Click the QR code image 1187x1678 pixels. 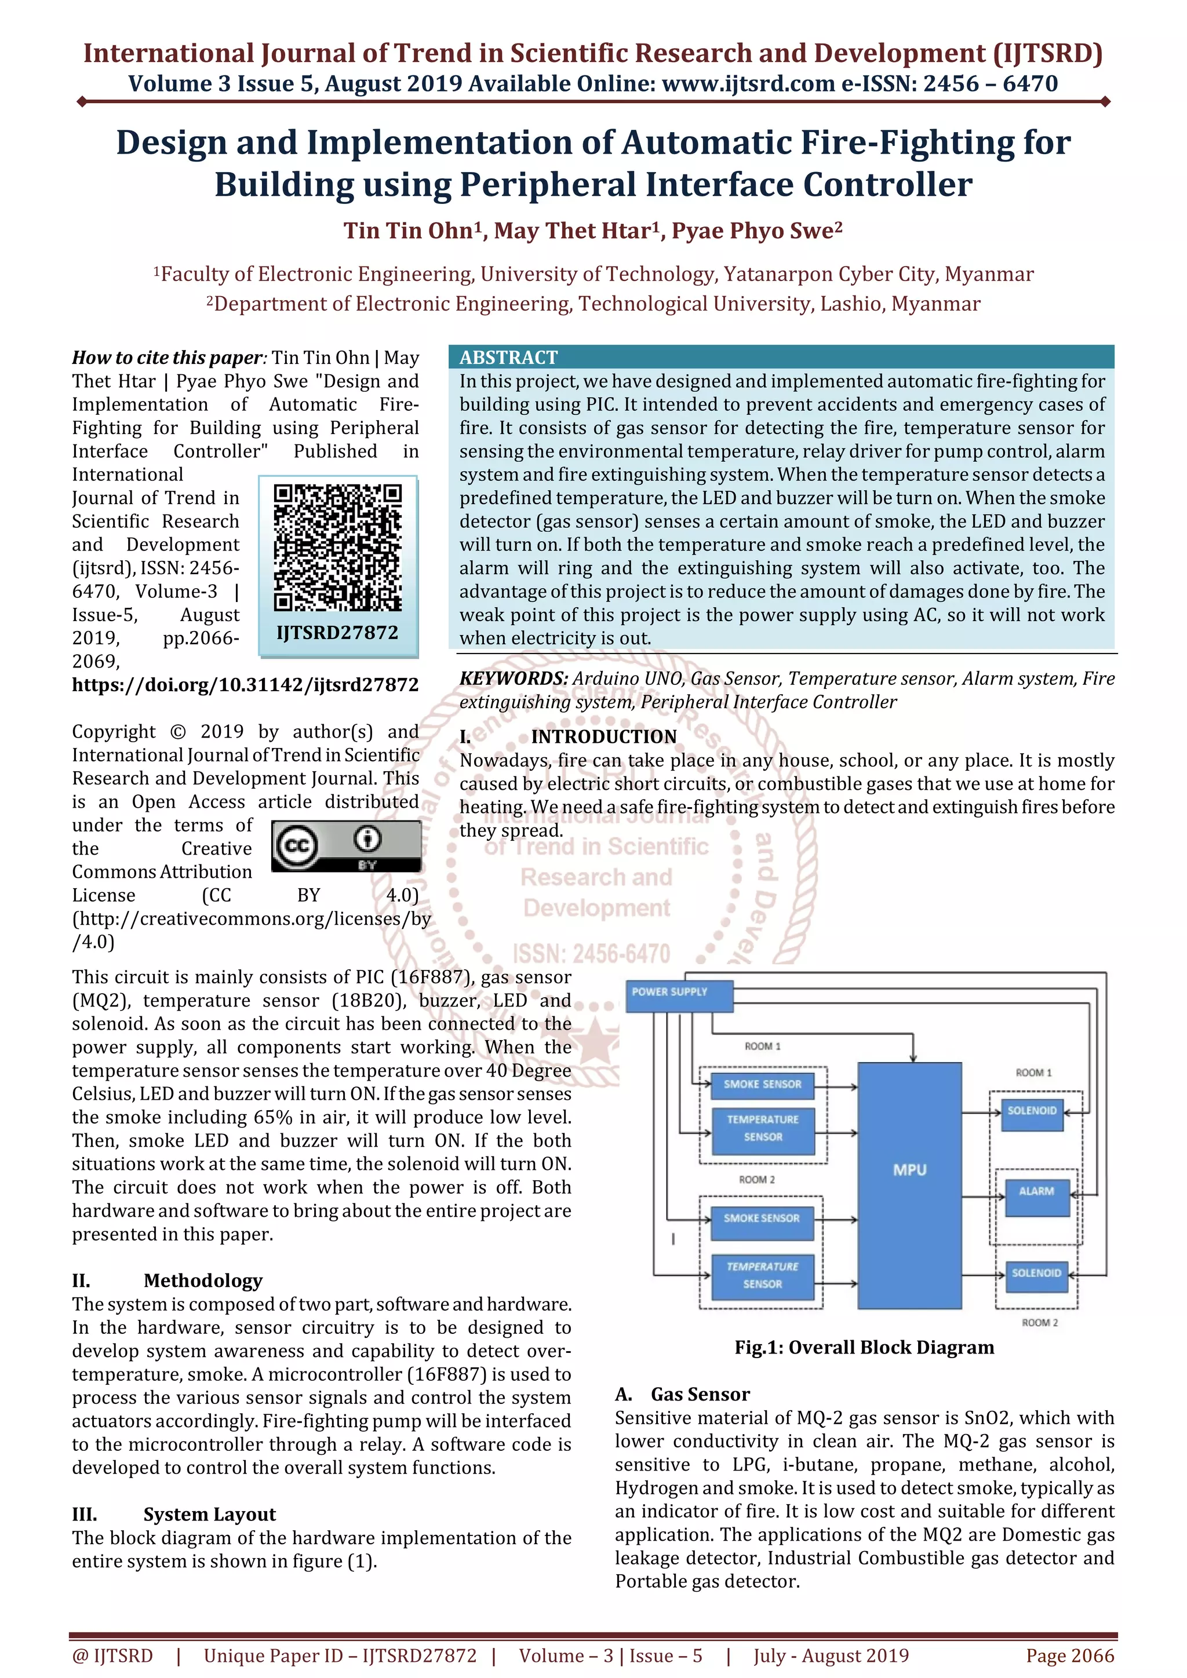click(338, 548)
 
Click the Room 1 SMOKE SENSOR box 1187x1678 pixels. click(762, 1085)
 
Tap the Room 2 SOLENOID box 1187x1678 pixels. click(1036, 1273)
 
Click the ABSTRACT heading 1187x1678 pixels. click(509, 358)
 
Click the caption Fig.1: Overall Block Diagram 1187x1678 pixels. click(864, 1348)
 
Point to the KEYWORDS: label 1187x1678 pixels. click(513, 679)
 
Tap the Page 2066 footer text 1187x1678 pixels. click(1070, 1655)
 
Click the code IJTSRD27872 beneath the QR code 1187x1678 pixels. click(338, 633)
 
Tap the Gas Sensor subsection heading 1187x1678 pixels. click(700, 1395)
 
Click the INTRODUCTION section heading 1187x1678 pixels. click(604, 736)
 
